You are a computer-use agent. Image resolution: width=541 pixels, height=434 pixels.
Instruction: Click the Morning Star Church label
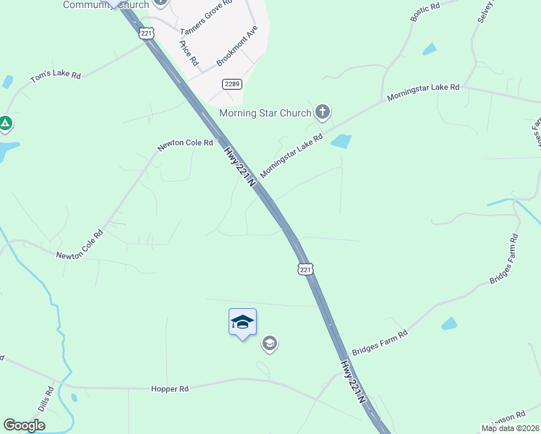265,113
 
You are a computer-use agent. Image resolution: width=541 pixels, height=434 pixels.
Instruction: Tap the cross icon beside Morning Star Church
323,112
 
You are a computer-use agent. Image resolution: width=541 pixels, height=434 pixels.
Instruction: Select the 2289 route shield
232,84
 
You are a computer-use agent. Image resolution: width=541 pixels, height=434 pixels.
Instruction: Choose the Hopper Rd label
169,388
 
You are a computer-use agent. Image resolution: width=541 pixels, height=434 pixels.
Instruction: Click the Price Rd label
189,53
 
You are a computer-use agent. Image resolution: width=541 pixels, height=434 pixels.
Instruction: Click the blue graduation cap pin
242,323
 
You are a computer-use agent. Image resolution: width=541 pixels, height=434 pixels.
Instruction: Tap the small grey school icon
270,343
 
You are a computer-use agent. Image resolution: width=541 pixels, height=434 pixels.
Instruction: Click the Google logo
24,425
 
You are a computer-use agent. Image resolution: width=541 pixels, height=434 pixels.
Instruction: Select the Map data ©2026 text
510,428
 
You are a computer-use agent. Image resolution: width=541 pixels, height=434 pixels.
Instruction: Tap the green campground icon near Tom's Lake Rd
5,124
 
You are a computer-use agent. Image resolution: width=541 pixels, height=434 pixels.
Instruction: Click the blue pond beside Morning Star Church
341,141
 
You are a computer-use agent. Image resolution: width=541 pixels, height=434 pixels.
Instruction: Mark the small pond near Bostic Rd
430,49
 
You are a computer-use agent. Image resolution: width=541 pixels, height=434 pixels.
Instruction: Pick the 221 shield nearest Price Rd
147,33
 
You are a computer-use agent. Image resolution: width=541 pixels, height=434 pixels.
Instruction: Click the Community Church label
106,5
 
